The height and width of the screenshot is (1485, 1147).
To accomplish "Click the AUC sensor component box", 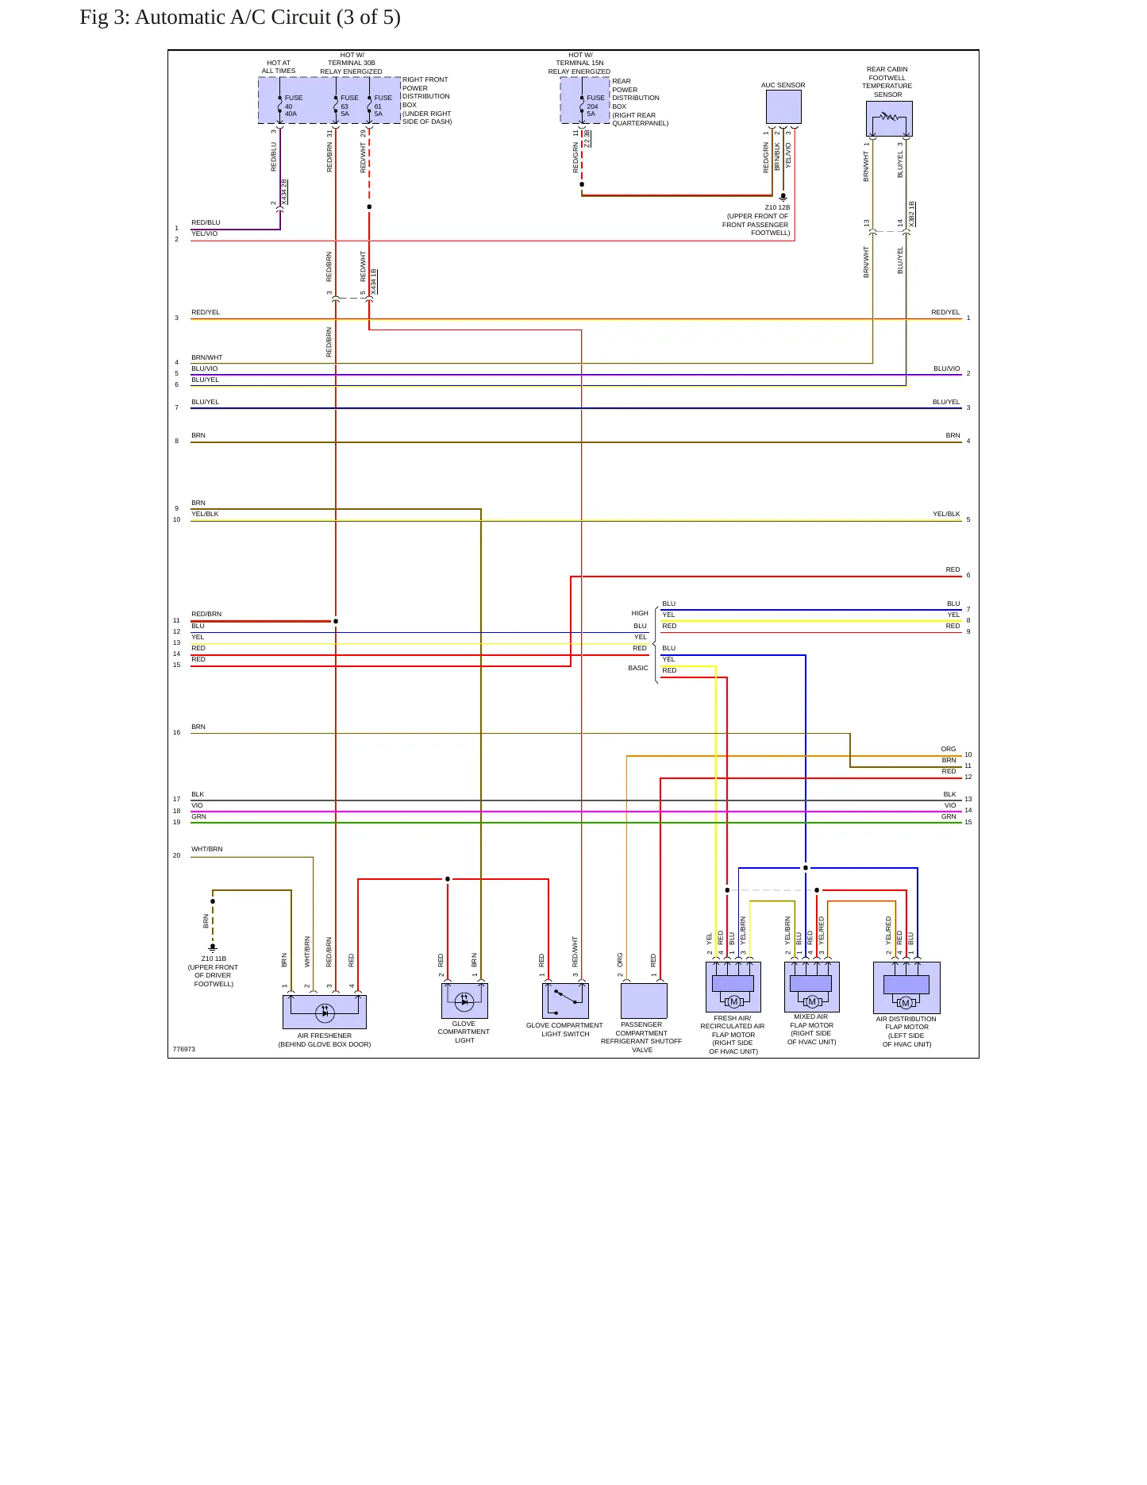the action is tap(783, 106).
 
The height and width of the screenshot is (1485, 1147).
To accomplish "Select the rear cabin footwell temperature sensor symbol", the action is tap(889, 118).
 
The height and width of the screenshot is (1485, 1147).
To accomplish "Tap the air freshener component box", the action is tap(325, 1012).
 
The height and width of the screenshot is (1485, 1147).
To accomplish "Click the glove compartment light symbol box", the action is tap(464, 1001).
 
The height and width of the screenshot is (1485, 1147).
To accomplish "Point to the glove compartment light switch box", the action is tap(565, 1001).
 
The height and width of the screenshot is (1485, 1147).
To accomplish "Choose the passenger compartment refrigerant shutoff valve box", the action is tap(644, 1001).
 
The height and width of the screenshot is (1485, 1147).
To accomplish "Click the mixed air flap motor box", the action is tap(811, 987).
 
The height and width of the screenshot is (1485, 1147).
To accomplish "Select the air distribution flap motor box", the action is tap(906, 988).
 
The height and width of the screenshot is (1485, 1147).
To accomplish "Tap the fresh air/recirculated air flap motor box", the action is tap(733, 987).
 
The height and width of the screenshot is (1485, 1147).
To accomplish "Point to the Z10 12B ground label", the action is tap(777, 207).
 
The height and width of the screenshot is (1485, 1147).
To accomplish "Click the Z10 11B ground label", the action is tap(214, 958).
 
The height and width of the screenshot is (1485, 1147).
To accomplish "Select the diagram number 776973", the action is tap(184, 1049).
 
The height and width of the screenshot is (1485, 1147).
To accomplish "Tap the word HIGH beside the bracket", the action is tap(640, 613).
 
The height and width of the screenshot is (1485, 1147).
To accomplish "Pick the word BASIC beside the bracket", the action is tap(638, 668).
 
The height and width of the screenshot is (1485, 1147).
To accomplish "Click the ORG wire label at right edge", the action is tap(949, 749).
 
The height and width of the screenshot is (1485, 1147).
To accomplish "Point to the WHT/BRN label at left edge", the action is tap(207, 849).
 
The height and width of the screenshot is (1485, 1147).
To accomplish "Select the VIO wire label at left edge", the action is tap(197, 805).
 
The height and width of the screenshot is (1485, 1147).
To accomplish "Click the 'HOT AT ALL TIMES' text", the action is tap(279, 67).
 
